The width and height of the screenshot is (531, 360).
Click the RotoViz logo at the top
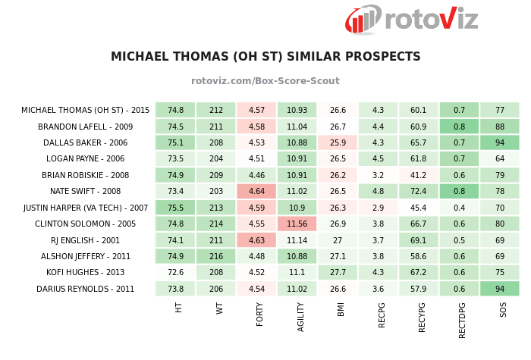click(411, 19)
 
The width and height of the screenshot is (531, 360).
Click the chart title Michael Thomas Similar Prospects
click(265, 57)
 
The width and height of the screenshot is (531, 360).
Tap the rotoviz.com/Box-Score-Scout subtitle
click(265, 81)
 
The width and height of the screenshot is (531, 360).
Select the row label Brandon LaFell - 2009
click(86, 127)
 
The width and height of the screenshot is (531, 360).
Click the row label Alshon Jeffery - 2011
click(86, 256)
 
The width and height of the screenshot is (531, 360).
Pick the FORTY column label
click(259, 313)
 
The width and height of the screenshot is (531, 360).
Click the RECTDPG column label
click(461, 318)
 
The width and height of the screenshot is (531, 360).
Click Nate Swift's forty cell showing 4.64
click(256, 191)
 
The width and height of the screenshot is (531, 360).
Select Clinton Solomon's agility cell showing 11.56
click(297, 224)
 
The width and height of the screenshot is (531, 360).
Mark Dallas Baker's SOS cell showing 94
click(500, 142)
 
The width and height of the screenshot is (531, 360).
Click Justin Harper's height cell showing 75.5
click(175, 208)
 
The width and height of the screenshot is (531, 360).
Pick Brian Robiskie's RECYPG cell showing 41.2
click(418, 175)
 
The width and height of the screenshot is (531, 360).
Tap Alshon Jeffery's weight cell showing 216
click(216, 256)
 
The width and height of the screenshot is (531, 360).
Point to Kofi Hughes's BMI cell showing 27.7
click(338, 272)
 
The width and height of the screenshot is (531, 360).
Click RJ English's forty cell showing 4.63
click(256, 240)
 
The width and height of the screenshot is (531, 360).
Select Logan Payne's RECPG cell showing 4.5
click(378, 159)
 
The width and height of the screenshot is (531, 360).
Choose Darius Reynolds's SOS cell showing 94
click(500, 289)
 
